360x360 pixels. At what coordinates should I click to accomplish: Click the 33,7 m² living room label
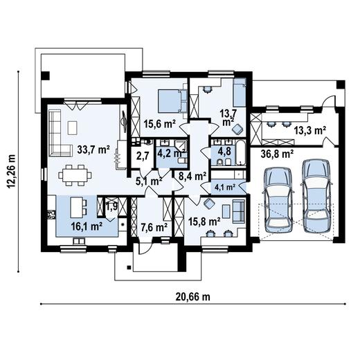[93, 150]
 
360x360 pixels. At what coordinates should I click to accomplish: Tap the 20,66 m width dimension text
[193, 297]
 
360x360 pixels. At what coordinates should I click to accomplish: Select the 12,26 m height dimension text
[12, 171]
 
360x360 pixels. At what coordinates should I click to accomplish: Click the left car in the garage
[278, 200]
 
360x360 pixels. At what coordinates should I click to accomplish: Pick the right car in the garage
[316, 196]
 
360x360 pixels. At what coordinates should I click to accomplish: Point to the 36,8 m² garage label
[277, 154]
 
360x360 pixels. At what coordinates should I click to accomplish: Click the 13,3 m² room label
[310, 131]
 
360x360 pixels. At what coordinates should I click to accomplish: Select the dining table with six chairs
[75, 175]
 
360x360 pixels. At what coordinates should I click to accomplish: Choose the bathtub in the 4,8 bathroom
[241, 152]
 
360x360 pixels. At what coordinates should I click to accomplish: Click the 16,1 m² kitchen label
[87, 226]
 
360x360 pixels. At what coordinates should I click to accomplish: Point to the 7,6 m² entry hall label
[154, 228]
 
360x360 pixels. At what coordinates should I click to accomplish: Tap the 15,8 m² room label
[204, 222]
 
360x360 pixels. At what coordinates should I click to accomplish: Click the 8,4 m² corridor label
[192, 177]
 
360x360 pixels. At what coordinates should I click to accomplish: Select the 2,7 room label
[142, 156]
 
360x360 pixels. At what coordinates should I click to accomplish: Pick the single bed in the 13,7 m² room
[240, 93]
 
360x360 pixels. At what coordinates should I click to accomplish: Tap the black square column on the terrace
[45, 75]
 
